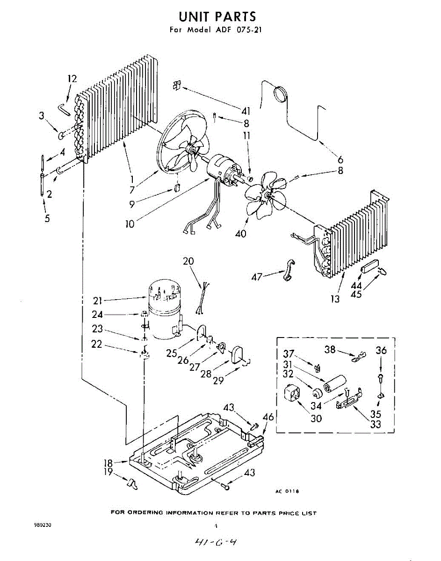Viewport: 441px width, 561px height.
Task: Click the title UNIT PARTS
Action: tap(217, 16)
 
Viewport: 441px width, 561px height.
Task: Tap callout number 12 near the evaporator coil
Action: tap(72, 79)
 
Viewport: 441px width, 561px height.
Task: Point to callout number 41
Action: tap(246, 111)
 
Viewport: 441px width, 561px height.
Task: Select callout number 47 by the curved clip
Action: tap(257, 277)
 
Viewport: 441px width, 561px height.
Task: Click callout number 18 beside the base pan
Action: tap(108, 463)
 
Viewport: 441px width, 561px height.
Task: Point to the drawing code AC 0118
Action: tap(287, 491)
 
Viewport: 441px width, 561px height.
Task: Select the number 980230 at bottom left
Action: tap(43, 525)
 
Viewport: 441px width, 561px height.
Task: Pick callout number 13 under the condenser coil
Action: tap(335, 299)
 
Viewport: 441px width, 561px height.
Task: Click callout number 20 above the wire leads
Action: tap(188, 261)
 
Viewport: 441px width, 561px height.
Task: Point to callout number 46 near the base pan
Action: tap(268, 417)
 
